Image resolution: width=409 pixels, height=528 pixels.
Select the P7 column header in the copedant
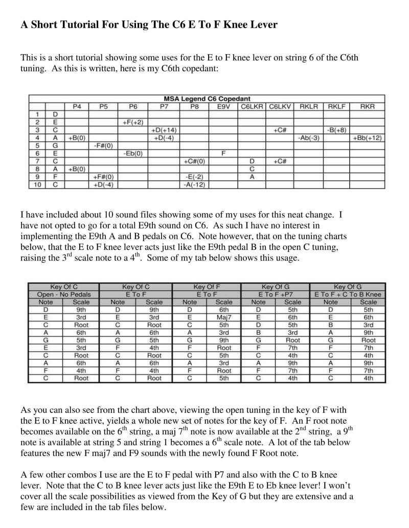(x=164, y=106)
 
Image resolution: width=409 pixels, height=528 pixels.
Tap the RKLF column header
(x=336, y=106)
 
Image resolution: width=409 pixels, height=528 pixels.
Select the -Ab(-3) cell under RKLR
(x=308, y=138)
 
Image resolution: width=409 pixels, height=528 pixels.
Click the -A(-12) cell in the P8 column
(x=194, y=185)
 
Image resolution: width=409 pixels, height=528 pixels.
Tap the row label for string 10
(x=37, y=185)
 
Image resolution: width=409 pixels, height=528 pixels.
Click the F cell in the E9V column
(x=223, y=153)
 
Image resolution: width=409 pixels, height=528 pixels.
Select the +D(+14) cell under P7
(x=164, y=130)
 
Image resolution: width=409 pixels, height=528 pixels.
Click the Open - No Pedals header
(x=64, y=294)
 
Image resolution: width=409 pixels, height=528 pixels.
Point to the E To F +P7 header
(x=276, y=294)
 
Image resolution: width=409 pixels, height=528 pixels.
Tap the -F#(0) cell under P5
(x=103, y=146)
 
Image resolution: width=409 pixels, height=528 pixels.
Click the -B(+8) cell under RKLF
(x=336, y=130)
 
